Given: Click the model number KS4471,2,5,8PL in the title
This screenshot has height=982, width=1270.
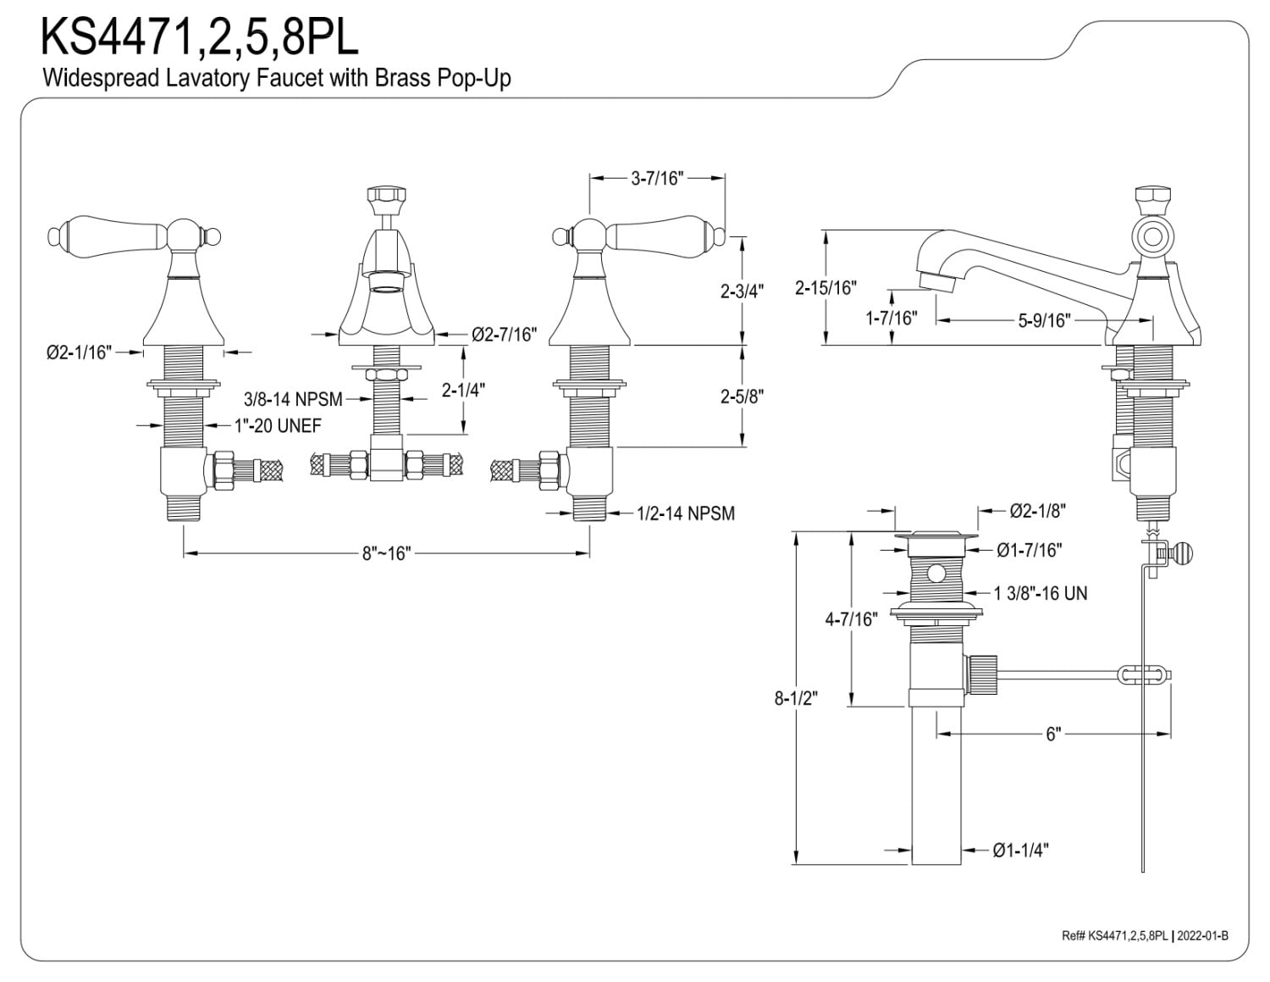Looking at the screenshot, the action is [x=199, y=36].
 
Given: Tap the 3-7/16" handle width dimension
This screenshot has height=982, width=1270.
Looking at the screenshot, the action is [x=657, y=179].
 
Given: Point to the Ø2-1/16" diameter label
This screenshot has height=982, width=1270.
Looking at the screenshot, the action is [x=79, y=352].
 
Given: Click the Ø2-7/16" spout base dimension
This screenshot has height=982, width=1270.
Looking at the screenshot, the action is [x=505, y=335].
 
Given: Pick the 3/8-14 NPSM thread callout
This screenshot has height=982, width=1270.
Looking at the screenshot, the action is [x=293, y=399].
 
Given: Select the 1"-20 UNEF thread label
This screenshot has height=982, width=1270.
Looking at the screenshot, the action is [x=278, y=425].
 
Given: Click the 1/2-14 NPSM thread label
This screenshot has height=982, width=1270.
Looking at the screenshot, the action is [x=686, y=513].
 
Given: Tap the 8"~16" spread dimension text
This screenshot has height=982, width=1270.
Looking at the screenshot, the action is [x=386, y=553].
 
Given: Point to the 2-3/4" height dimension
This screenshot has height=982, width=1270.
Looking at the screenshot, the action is [x=742, y=291].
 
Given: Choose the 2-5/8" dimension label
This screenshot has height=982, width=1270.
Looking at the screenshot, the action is [x=742, y=397].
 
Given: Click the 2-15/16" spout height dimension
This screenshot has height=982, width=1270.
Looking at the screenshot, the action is [x=825, y=288].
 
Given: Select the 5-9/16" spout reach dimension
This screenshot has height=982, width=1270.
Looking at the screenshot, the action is [x=1045, y=320].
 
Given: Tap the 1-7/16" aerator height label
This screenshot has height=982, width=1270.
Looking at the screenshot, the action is [x=892, y=319].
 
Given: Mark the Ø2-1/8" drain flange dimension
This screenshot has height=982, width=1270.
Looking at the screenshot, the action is [x=1037, y=511].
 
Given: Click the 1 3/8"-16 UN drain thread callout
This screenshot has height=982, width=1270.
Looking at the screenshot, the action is [x=1041, y=594].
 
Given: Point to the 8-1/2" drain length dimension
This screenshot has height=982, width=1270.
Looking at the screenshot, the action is [x=796, y=698].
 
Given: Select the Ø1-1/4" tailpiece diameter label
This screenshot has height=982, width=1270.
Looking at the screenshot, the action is [x=1020, y=850].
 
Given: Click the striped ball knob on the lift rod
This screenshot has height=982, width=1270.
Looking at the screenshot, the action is [x=1182, y=553].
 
